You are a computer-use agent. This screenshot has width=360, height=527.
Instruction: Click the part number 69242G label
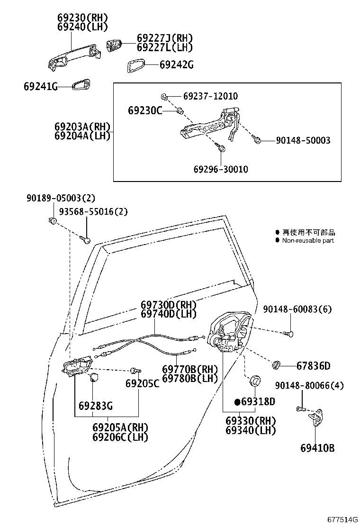point(176,65)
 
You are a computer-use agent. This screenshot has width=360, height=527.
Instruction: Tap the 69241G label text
point(40,86)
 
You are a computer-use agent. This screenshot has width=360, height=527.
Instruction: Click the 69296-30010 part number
point(220,169)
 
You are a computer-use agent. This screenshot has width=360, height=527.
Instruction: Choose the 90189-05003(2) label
point(60,198)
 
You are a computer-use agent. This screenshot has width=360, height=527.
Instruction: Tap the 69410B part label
point(317,447)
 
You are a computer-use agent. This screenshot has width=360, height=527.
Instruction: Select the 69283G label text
point(96,406)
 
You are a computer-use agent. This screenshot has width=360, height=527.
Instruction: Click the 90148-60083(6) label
point(297,309)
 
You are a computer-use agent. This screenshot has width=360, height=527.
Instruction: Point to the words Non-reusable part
point(308,241)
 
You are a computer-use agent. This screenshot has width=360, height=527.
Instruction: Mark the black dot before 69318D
point(238,402)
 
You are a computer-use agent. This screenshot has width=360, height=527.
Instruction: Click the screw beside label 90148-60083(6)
point(289,334)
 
